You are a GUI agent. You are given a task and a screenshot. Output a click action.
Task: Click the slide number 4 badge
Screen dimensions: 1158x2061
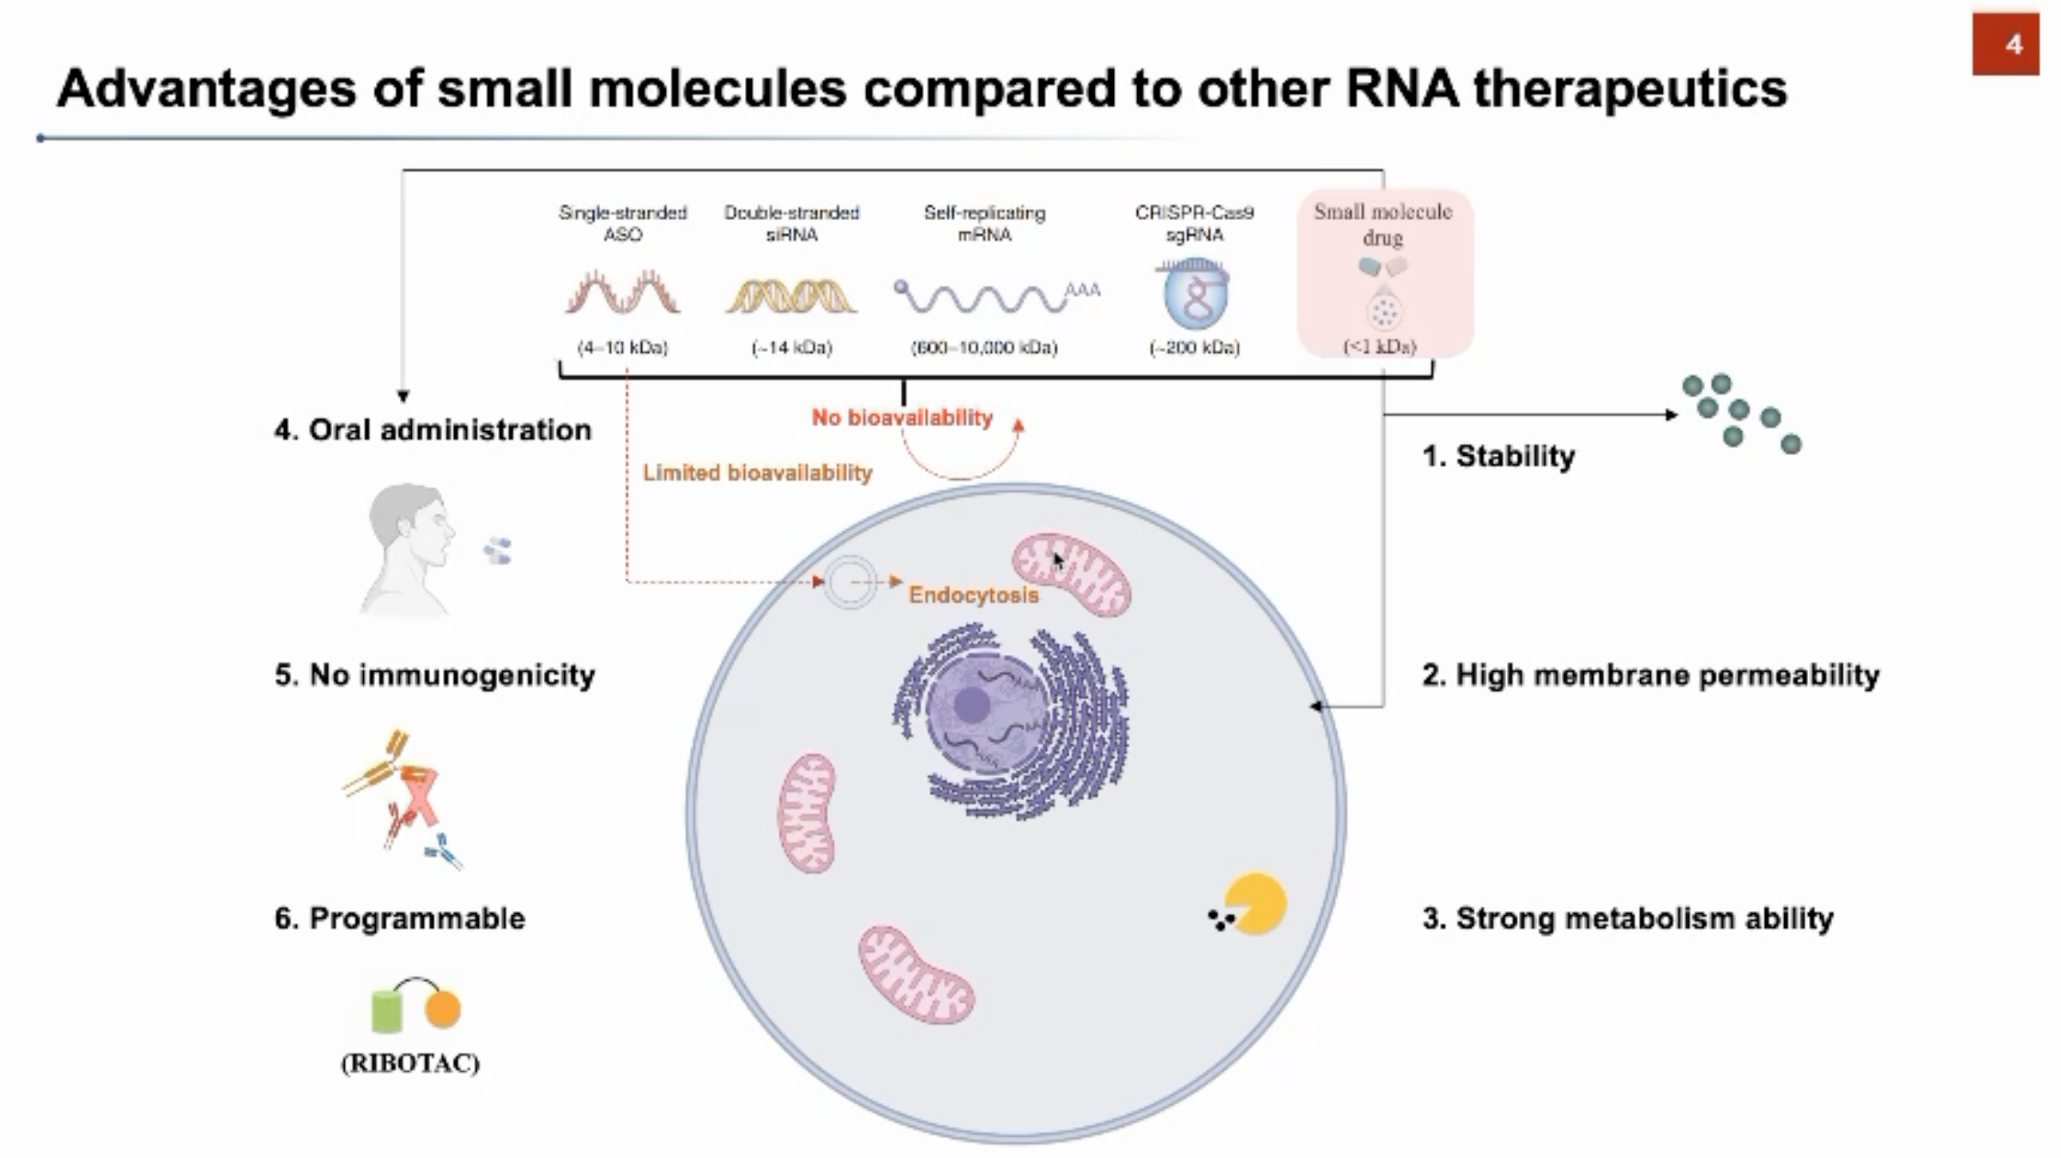click(2005, 44)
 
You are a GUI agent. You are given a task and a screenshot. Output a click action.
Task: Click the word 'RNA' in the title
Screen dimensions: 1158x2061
click(1401, 89)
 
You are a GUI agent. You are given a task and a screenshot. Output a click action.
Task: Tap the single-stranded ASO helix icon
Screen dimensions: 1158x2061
click(623, 293)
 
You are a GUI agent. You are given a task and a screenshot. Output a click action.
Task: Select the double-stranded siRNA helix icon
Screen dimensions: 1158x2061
click(791, 296)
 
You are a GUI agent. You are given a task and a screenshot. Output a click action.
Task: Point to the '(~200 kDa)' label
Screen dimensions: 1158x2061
click(1194, 348)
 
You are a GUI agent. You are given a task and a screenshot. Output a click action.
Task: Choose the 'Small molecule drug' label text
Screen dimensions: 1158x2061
click(1382, 224)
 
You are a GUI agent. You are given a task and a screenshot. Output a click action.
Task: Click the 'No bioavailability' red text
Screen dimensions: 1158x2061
click(901, 418)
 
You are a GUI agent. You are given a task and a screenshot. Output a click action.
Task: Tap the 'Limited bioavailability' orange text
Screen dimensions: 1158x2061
click(757, 472)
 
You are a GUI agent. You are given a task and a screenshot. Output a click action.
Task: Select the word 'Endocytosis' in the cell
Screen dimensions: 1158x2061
click(973, 594)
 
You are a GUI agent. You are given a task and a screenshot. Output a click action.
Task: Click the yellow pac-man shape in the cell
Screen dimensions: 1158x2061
click(1255, 902)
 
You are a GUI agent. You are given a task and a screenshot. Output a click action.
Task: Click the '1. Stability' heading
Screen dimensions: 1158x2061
click(1498, 456)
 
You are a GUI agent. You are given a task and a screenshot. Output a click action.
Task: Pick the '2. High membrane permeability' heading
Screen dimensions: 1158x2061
click(1650, 675)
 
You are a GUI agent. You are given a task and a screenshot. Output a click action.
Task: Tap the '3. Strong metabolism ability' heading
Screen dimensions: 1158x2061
click(1627, 919)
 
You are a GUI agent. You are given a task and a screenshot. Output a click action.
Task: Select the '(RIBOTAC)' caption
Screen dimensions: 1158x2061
click(410, 1063)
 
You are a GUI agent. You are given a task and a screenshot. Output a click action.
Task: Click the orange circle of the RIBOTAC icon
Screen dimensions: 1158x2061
click(443, 1009)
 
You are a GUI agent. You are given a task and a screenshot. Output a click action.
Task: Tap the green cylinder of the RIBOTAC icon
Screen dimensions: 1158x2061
click(386, 1011)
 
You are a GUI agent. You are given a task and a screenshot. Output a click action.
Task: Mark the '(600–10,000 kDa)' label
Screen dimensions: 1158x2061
click(984, 348)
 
